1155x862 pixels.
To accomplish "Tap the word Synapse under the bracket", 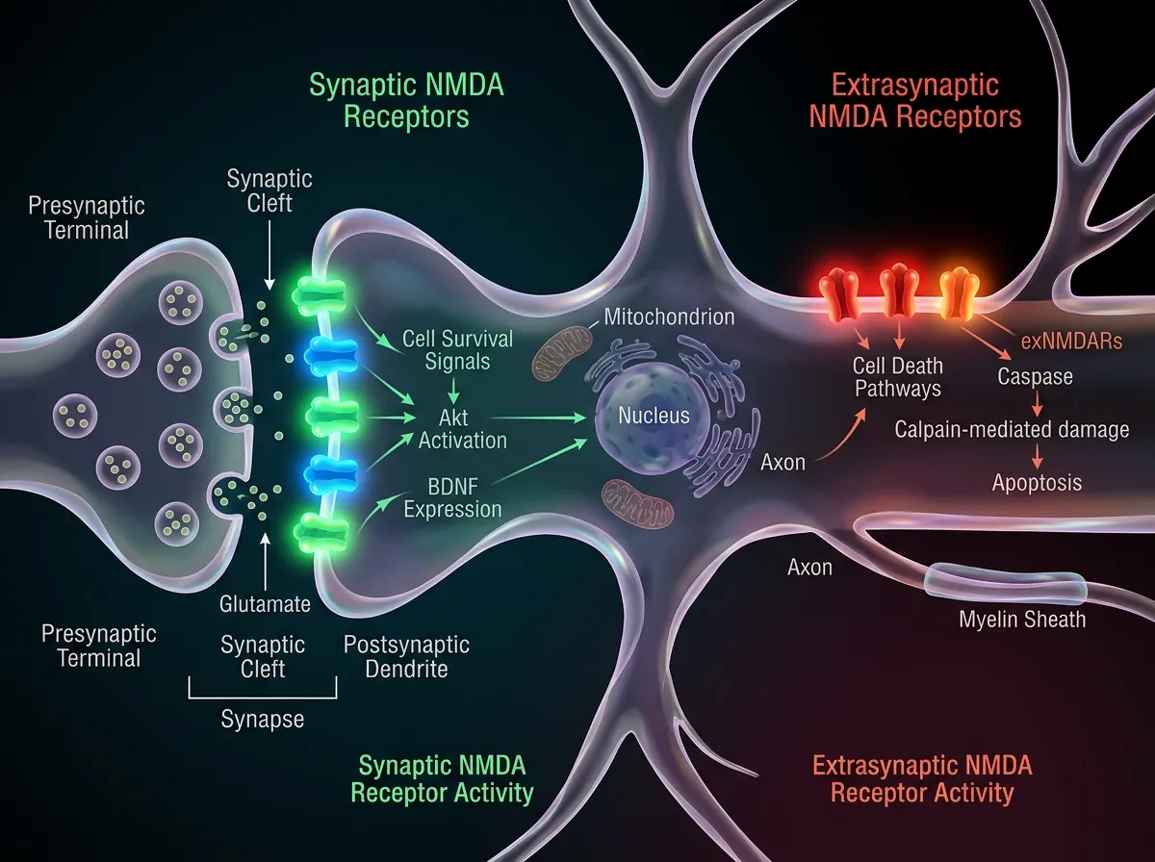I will click(x=262, y=719).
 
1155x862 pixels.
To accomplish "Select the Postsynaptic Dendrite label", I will click(x=406, y=655).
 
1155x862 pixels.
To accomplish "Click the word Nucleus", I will click(x=654, y=417).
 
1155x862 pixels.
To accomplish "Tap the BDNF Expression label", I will click(x=452, y=497).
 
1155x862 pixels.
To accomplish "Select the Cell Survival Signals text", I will click(x=458, y=350).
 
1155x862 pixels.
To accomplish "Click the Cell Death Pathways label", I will click(x=897, y=377).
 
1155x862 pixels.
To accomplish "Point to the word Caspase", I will click(x=1035, y=376).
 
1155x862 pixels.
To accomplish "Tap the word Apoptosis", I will click(x=1037, y=483).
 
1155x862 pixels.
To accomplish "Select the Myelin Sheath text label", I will click(x=1022, y=619).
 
